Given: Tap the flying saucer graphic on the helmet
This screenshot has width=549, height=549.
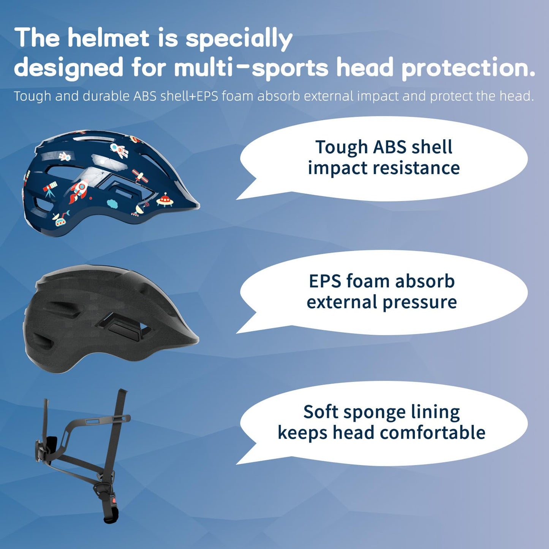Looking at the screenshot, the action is pos(165,199).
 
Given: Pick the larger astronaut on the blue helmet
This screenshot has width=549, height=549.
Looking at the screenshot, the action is pos(119,150).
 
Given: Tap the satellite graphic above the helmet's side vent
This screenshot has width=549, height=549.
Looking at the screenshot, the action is pos(140,176).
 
